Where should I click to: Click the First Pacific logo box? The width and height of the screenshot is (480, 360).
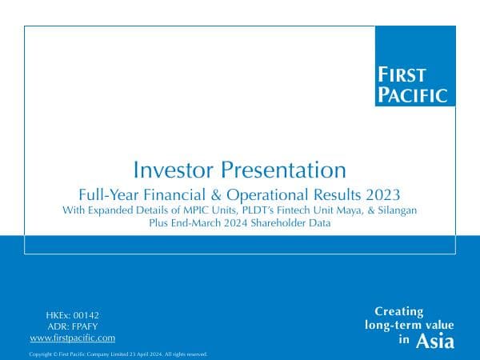point(414,66)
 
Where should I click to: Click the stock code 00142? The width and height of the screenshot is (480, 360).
point(84,316)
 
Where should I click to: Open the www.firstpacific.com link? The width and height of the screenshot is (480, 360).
point(72,338)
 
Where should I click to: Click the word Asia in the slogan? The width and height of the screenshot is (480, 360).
point(435,342)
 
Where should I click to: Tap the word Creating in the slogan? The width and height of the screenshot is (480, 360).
point(399,311)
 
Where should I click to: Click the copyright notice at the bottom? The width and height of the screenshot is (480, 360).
point(118,354)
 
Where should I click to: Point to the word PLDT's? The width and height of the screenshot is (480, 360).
point(249,210)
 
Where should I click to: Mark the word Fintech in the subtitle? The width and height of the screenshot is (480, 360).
point(291,210)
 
